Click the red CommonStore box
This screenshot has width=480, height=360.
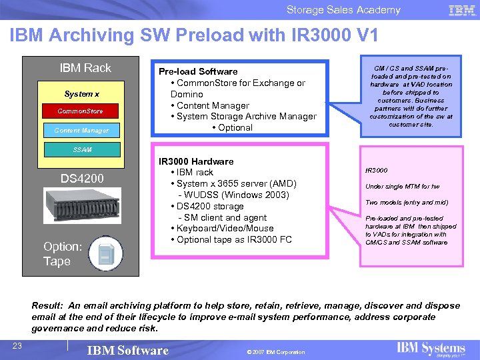(79, 111)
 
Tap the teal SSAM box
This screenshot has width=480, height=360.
(83, 150)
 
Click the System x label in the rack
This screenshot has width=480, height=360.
(81, 94)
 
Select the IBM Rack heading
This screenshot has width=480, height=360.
(85, 68)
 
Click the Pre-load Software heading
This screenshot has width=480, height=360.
(197, 71)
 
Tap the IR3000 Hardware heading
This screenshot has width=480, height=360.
(195, 161)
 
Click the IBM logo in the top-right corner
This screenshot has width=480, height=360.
(462, 10)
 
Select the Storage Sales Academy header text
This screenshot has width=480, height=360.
(343, 10)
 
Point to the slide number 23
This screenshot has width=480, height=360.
(18, 345)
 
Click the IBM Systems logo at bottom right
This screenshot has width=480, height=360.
(431, 349)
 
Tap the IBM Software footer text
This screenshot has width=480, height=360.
(128, 351)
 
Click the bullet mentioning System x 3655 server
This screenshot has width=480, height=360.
(233, 183)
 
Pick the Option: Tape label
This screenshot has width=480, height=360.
(62, 254)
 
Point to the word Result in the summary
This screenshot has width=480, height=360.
(47, 306)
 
